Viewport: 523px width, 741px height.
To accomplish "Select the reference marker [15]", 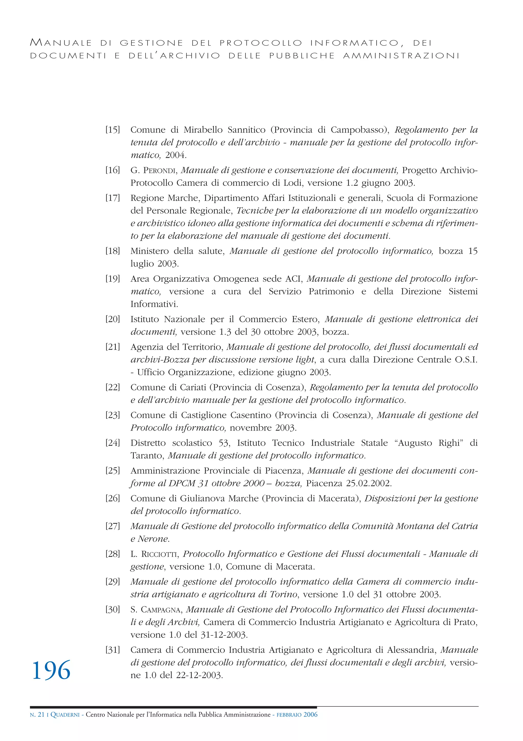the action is click(113, 130).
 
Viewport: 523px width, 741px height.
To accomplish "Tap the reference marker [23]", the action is click(113, 415).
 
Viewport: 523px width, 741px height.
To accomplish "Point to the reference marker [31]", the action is click(113, 650).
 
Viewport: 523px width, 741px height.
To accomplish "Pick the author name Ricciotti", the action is click(159, 554).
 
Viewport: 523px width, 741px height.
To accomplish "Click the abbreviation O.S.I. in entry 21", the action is click(466, 360).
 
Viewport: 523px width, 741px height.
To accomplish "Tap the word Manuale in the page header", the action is click(61, 43).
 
